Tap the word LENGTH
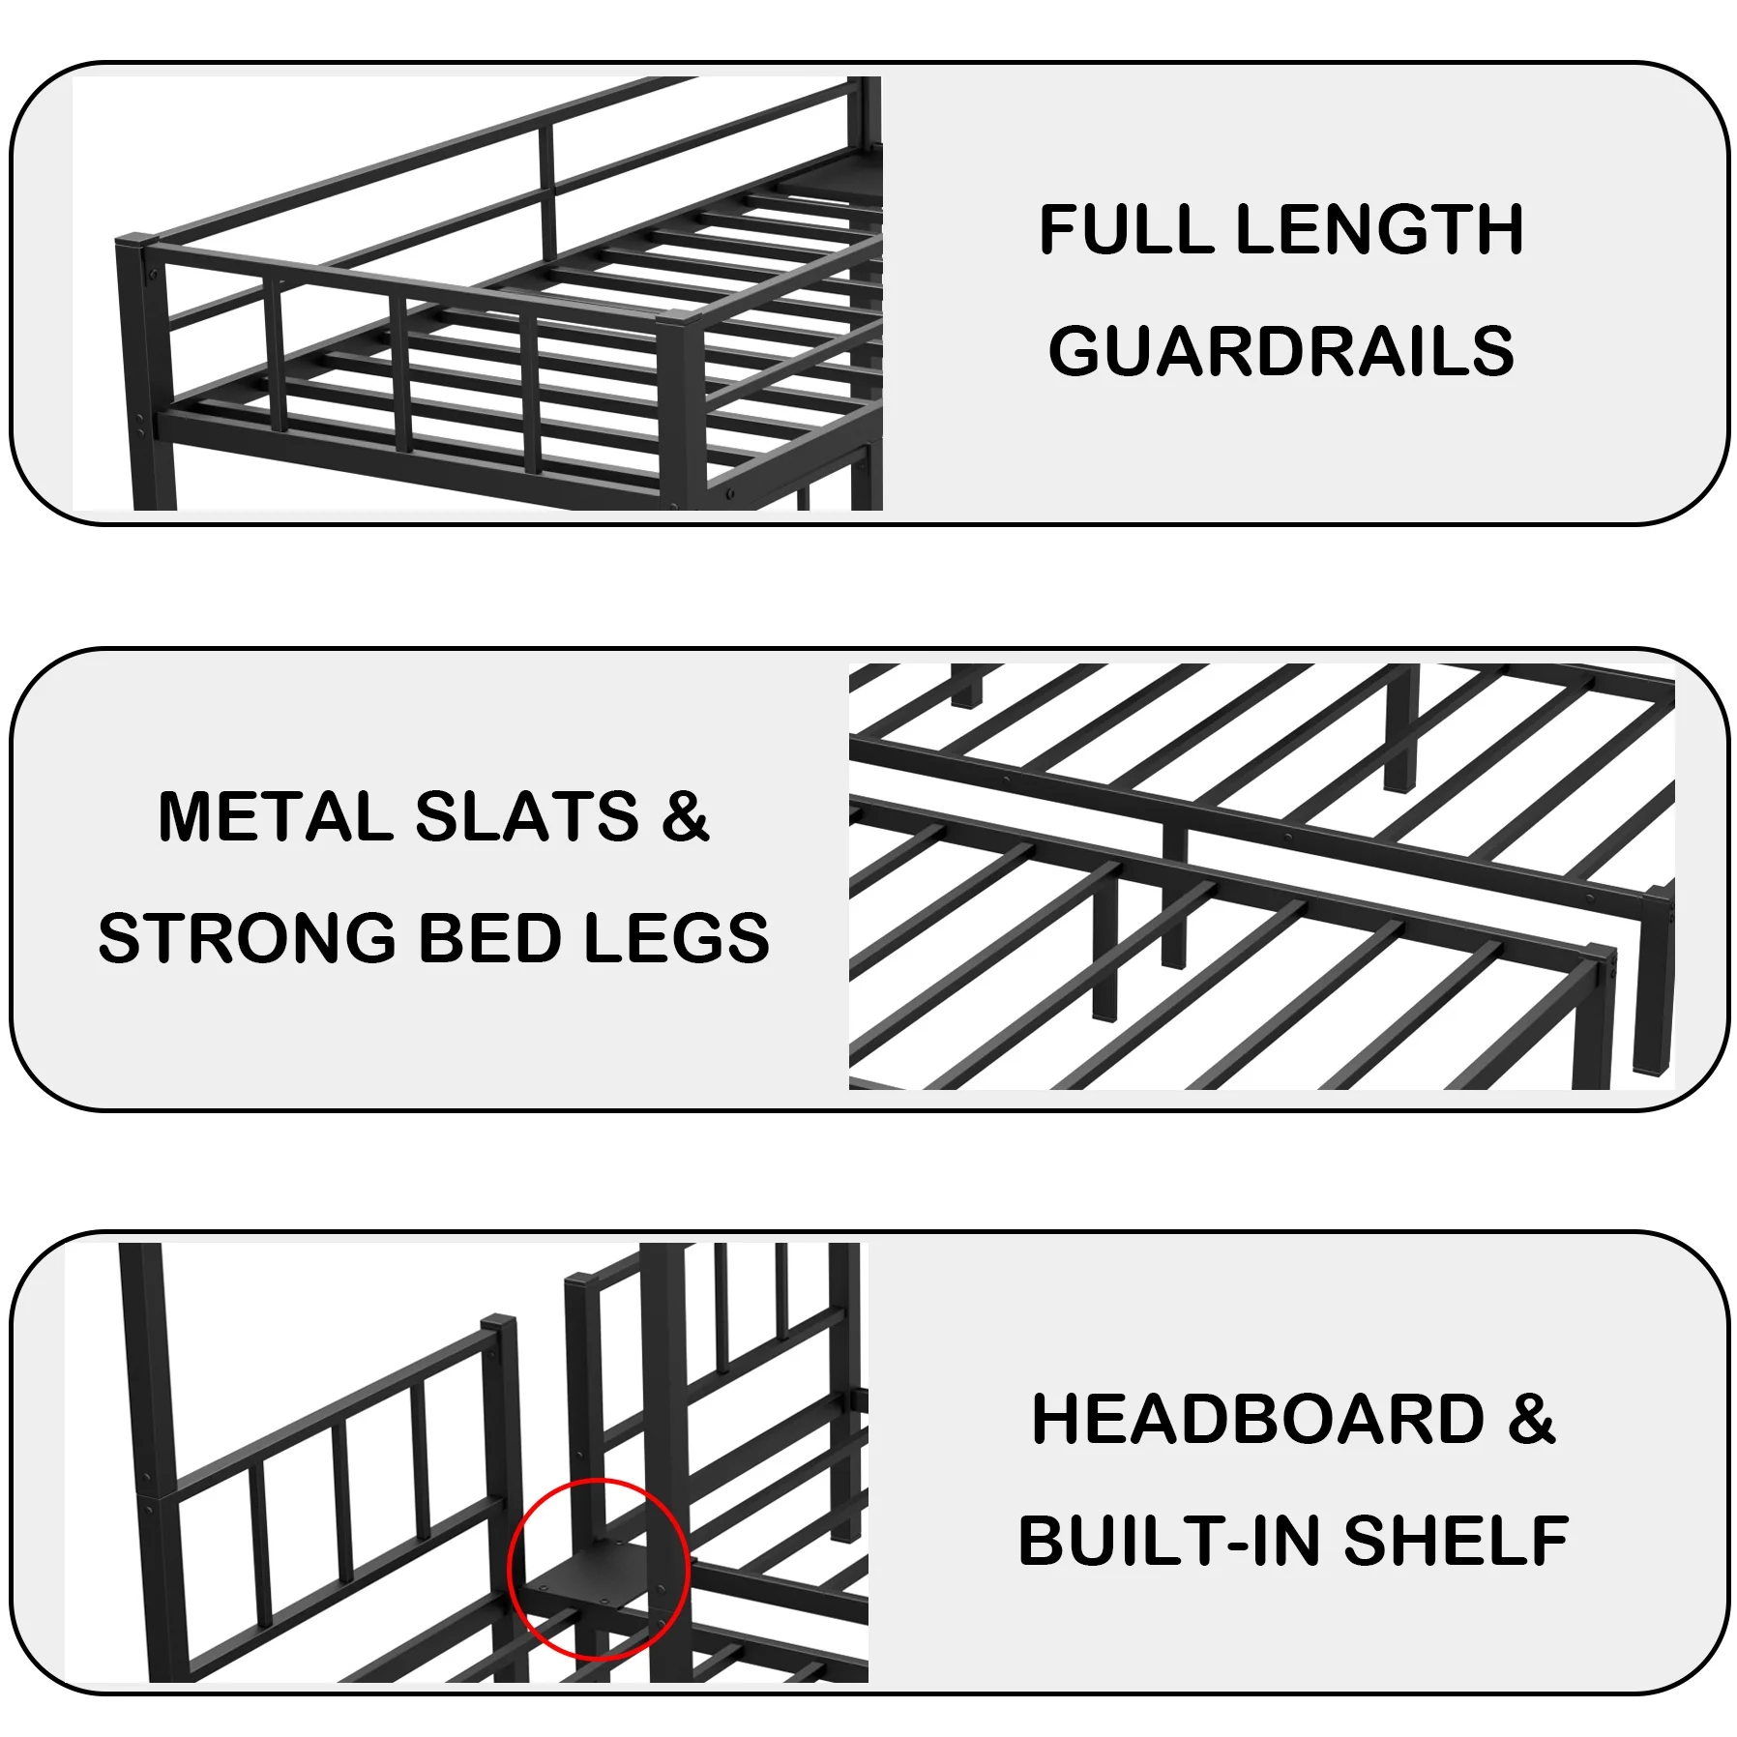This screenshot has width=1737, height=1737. (x=1379, y=230)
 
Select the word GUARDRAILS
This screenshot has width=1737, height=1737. (x=1281, y=351)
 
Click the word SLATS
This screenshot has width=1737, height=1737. (x=526, y=817)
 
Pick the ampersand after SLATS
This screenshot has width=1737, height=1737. (x=686, y=817)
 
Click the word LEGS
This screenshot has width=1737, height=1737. (x=677, y=938)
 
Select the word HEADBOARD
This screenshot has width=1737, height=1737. (x=1257, y=1420)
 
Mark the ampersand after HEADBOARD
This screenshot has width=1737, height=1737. (x=1531, y=1420)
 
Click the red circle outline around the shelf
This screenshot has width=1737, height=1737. (x=510, y=1567)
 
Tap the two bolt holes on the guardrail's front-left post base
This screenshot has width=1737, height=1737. (x=141, y=425)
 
